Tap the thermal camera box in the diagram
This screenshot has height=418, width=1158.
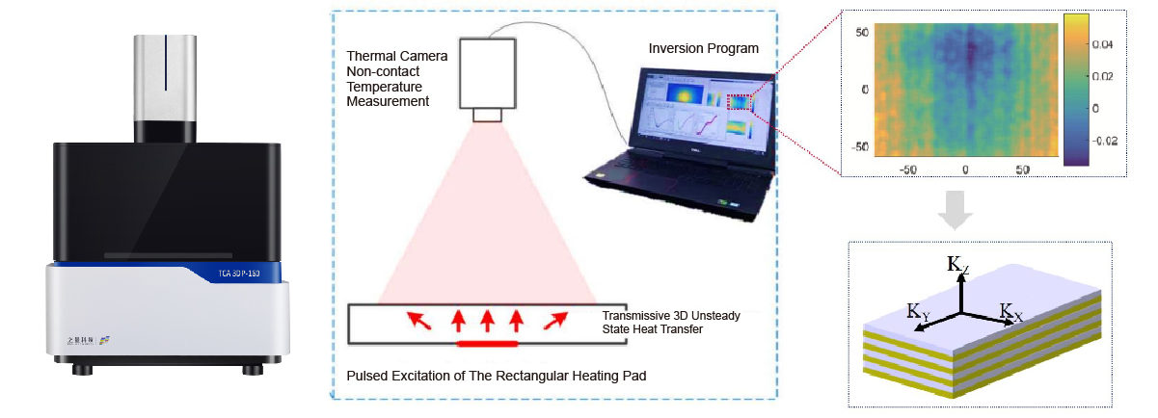click(488, 74)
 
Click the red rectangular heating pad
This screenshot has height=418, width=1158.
click(487, 342)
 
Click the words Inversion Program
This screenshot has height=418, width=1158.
click(702, 48)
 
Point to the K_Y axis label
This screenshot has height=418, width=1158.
click(918, 311)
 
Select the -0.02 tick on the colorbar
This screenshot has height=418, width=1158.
click(1105, 141)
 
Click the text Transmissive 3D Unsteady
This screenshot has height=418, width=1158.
click(676, 316)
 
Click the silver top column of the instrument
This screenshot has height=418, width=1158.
click(166, 87)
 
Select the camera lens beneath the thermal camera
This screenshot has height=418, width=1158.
click(488, 117)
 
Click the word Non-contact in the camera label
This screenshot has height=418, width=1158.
click(382, 69)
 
